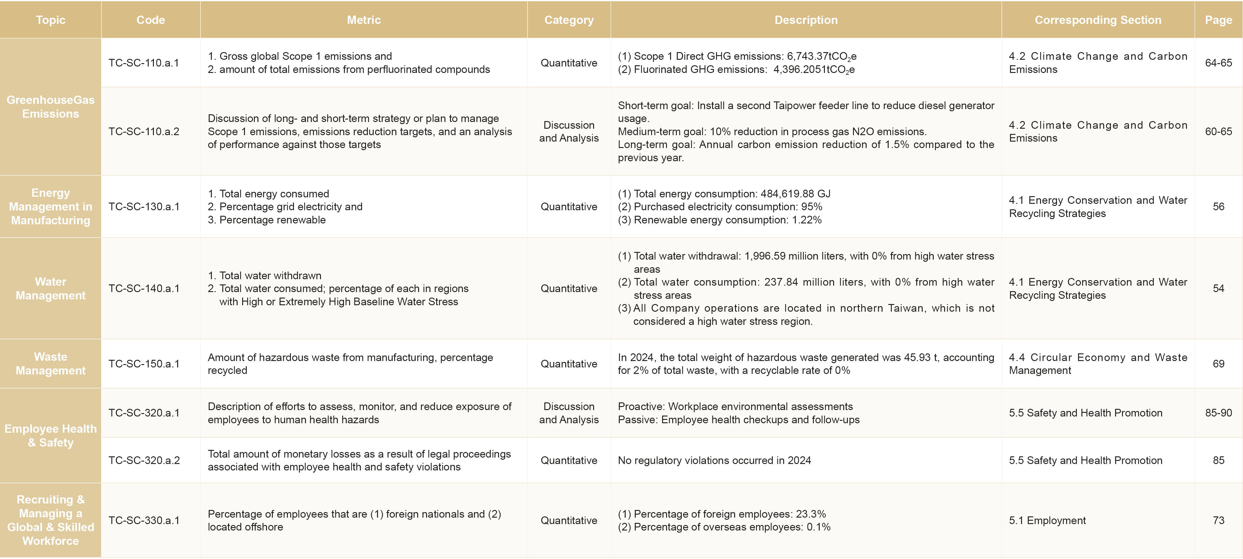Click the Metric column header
364,20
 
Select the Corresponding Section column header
1098,20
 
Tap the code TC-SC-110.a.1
144,63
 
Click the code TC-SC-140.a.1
144,288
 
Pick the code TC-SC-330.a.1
144,520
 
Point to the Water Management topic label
51,288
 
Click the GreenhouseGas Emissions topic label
51,107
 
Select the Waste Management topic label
51,364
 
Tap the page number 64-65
1218,63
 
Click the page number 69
1218,364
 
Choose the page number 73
1218,520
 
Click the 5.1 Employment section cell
1047,520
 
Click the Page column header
1218,20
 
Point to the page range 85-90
1218,413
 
